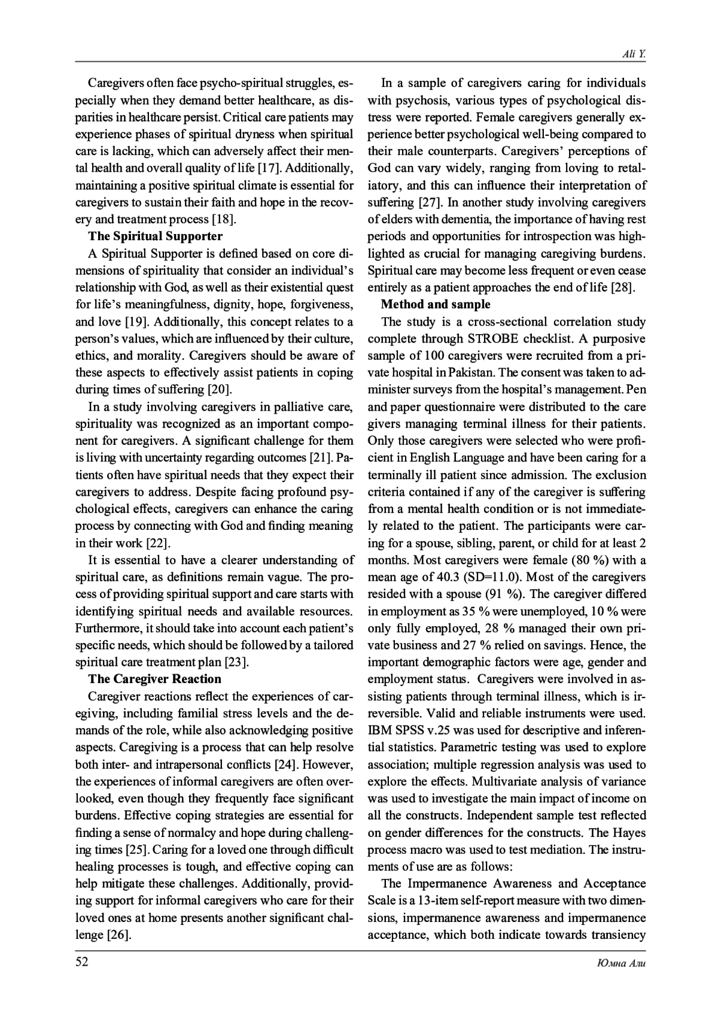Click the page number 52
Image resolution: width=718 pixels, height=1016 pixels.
pyautogui.click(x=81, y=962)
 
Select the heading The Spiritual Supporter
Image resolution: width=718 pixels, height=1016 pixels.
pyautogui.click(x=156, y=236)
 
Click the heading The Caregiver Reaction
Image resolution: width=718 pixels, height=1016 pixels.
pyautogui.click(x=154, y=679)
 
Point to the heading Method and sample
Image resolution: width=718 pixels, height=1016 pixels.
pyautogui.click(x=436, y=304)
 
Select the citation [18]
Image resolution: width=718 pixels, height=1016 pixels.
pyautogui.click(x=224, y=219)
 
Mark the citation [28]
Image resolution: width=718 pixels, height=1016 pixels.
pyautogui.click(x=622, y=287)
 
